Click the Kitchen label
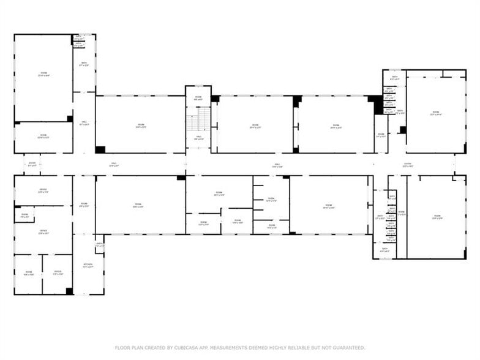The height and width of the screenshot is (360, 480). pos(88,264)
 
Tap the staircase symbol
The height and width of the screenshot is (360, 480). pos(198,122)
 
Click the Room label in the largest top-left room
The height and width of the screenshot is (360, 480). pos(43,75)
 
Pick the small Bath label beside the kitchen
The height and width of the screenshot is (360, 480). pos(99,245)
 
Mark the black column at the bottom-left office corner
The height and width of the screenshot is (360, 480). pos(69,291)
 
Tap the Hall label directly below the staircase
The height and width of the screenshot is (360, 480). pos(198,138)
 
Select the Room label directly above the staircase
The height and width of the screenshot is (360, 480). pos(198,97)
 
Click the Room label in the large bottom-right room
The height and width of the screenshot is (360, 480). pos(437,216)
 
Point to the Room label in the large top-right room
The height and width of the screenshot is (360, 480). pos(436,113)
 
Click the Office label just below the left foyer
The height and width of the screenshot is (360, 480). pos(43,190)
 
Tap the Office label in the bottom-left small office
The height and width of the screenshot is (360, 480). pos(58,272)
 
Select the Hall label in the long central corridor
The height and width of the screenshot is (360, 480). pos(277,165)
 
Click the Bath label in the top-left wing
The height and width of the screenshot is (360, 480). pos(84,64)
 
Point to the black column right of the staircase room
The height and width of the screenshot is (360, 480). pos(215,99)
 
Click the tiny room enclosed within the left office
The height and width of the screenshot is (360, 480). pos(24,216)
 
